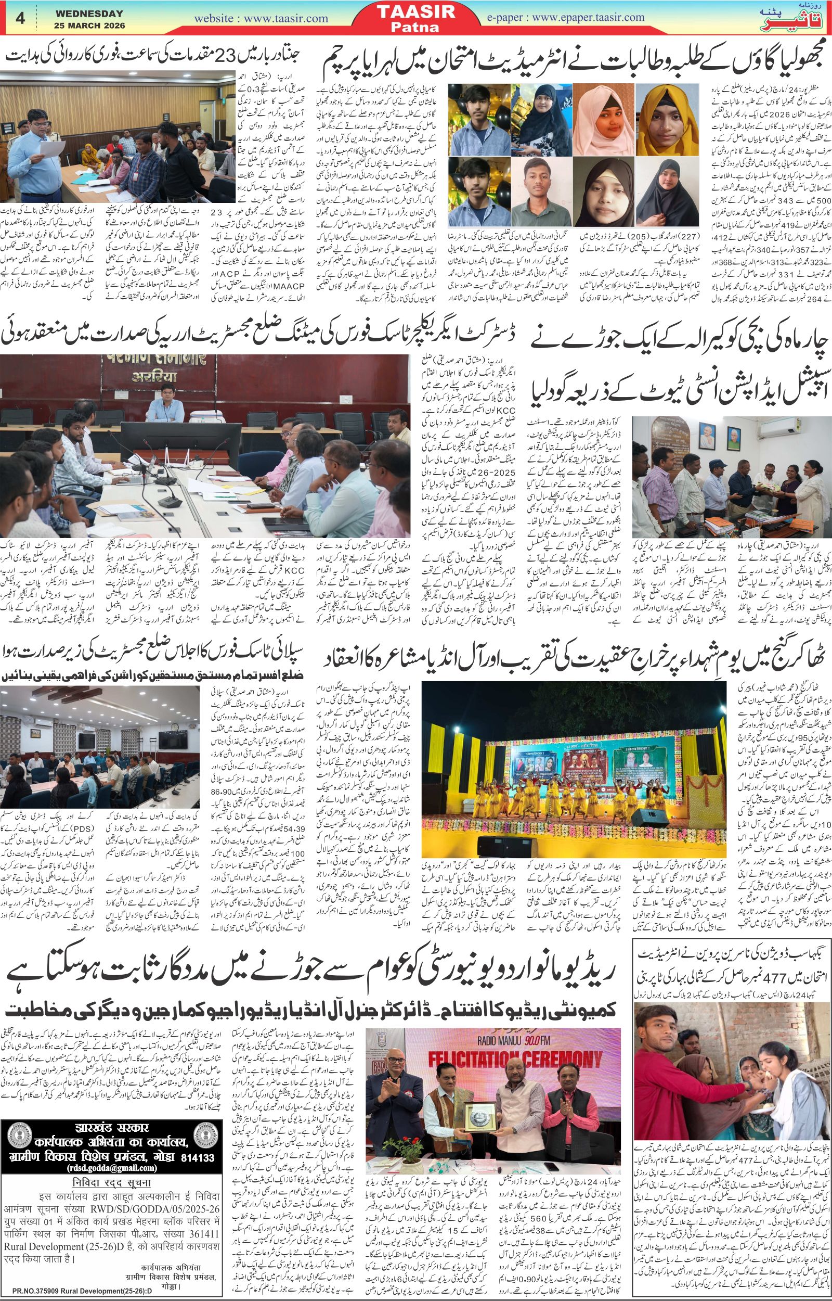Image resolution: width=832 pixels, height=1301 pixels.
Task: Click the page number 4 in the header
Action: tap(20, 18)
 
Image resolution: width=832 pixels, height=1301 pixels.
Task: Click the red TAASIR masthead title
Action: tap(415, 12)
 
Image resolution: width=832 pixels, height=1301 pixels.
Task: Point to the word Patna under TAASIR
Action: tap(415, 28)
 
